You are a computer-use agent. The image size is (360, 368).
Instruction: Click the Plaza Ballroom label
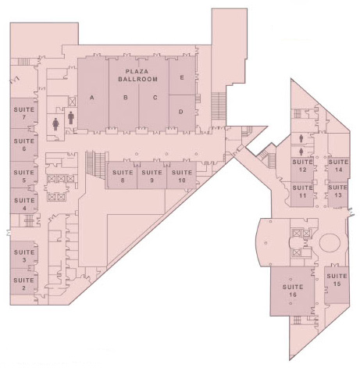coord(138,75)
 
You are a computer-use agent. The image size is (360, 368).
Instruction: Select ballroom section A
coord(93,94)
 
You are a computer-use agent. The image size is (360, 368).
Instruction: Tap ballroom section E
coord(182,76)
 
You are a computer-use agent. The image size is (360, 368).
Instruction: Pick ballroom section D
coord(182,113)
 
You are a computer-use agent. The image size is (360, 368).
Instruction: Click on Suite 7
coord(23,113)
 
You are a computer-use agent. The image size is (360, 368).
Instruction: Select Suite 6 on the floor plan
coord(23,145)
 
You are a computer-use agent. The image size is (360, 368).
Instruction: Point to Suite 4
coord(23,204)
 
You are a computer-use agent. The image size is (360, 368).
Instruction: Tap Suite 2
coord(23,284)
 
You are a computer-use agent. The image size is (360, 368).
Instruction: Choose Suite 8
coord(123,176)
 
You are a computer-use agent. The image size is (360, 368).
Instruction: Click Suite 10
coord(182,176)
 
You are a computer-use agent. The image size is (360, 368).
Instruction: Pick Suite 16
coord(292,291)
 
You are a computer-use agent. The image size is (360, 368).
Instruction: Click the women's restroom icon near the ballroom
coord(55,123)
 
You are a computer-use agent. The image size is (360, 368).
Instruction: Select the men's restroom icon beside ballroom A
coord(71,118)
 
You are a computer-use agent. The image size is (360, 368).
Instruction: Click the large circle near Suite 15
coord(330,243)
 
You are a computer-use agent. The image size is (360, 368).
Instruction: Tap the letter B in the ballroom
coord(126,98)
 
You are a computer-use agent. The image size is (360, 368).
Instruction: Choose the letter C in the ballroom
coord(155,98)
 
